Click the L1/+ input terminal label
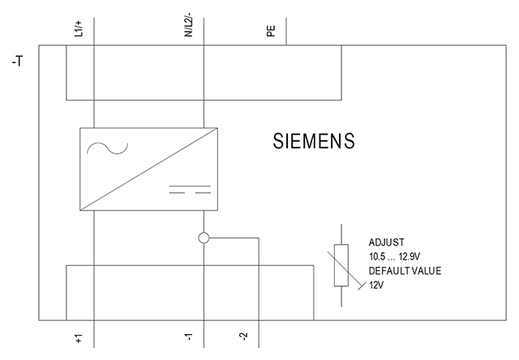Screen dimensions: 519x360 [79, 28]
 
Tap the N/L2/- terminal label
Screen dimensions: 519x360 [188, 25]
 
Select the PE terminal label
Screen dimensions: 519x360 [271, 31]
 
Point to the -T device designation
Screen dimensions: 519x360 [18, 61]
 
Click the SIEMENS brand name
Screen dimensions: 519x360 [314, 140]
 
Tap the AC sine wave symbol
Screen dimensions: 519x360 [107, 148]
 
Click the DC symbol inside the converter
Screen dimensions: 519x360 [190, 189]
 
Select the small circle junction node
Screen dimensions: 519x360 [204, 238]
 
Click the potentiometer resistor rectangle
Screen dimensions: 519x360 [341, 265]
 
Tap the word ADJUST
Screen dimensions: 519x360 [386, 242]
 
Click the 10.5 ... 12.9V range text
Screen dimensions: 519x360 [395, 257]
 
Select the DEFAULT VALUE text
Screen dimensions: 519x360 [405, 271]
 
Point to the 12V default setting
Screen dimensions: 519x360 [376, 285]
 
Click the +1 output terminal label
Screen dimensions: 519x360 [79, 338]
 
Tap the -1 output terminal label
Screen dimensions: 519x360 [188, 336]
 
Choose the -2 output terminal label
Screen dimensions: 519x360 [243, 336]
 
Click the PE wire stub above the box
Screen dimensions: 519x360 [286, 32]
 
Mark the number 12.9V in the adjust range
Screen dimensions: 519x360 [410, 257]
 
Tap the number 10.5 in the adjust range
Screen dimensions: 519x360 [376, 257]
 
